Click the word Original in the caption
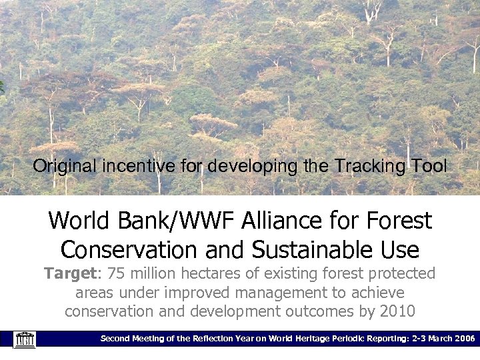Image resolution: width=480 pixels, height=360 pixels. (x=65, y=166)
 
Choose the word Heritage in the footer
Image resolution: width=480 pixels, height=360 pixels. (x=294, y=339)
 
